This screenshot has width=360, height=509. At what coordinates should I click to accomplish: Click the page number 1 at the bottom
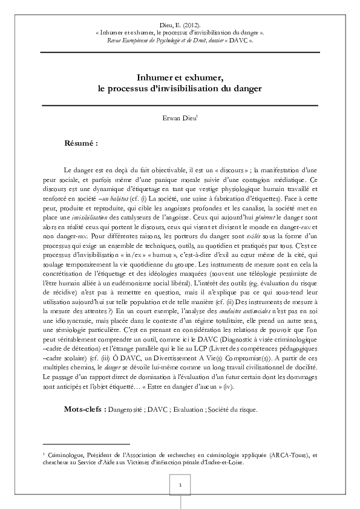tap(180, 485)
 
